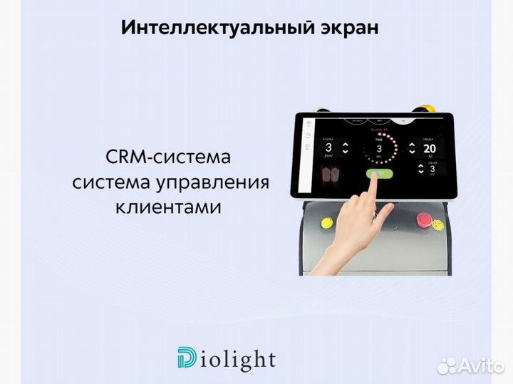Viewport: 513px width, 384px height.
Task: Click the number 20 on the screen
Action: [428, 148]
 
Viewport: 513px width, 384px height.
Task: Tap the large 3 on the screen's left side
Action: [329, 148]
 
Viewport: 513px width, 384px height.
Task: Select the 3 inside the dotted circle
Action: [379, 148]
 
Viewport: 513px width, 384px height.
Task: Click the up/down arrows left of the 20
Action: [411, 148]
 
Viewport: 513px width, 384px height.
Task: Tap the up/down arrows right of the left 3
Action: [346, 148]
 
